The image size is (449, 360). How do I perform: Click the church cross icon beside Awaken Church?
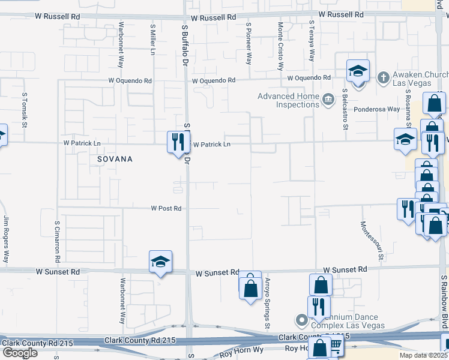383,77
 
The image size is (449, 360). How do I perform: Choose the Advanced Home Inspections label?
288,100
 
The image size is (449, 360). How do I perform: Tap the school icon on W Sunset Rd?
160,262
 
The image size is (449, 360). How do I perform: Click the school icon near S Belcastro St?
358,71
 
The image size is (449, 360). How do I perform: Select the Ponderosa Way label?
376,109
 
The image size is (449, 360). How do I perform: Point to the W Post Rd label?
166,208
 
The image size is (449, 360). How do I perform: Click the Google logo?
20,353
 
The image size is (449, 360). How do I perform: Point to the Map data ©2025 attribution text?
423,355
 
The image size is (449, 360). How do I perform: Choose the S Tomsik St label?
25,110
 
